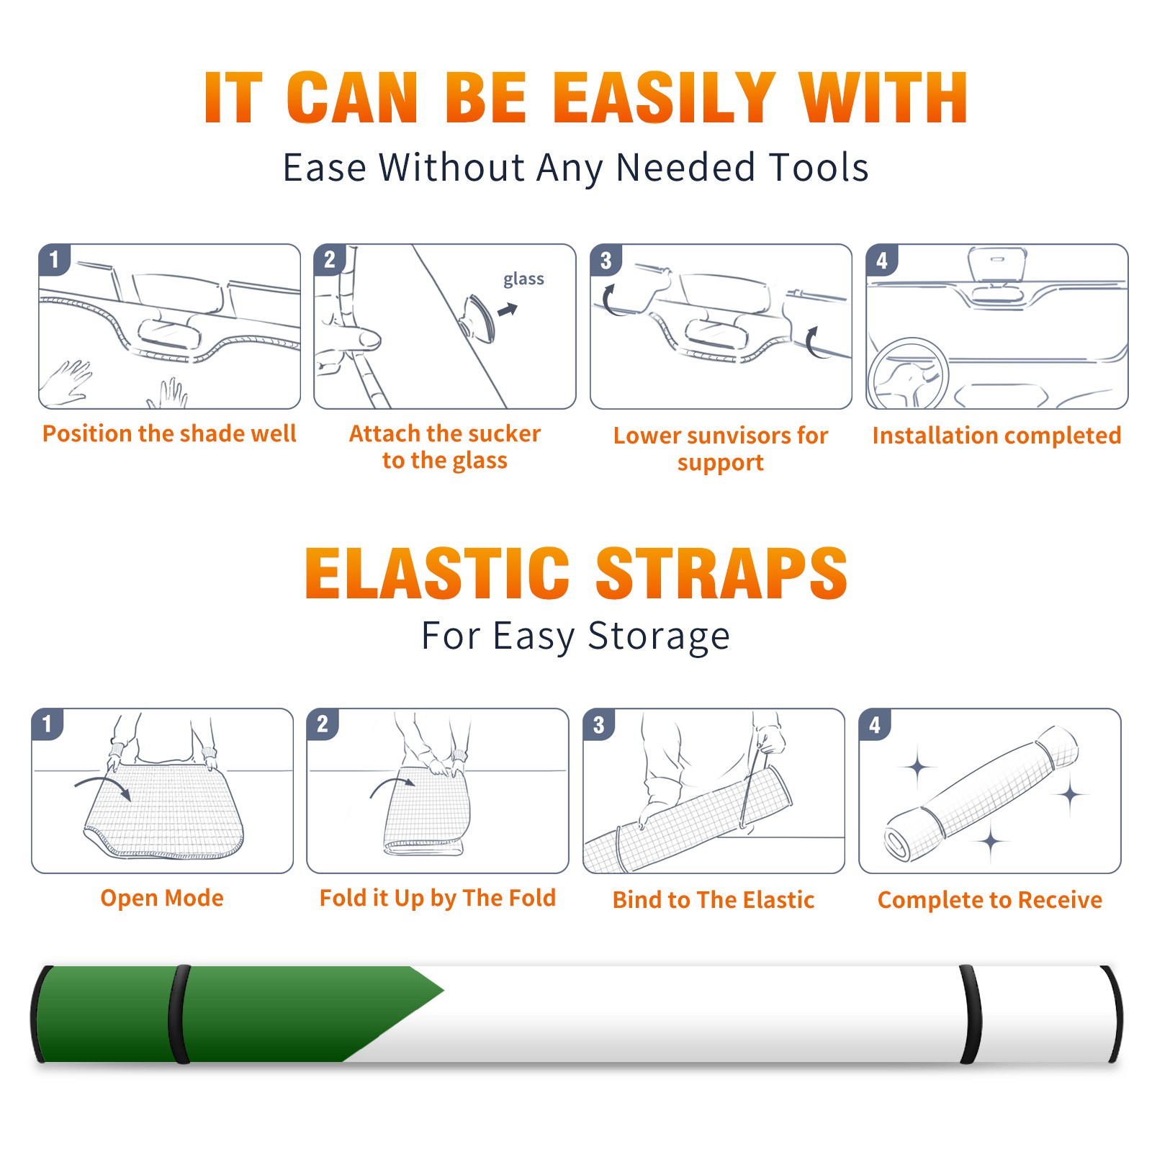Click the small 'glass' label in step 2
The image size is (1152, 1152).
(523, 279)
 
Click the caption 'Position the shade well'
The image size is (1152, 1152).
(169, 433)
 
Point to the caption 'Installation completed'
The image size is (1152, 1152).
(996, 435)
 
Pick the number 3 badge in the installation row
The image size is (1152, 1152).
(606, 260)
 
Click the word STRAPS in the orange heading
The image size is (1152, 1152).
(721, 573)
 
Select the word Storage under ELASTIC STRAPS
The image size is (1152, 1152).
(659, 636)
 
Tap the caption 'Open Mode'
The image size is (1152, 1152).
(162, 898)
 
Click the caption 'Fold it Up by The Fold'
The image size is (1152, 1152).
(438, 898)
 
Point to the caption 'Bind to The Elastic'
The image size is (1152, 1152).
(714, 900)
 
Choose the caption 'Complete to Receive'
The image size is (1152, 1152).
(990, 900)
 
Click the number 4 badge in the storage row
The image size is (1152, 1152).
(875, 724)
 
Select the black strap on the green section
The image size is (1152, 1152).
(179, 1014)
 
